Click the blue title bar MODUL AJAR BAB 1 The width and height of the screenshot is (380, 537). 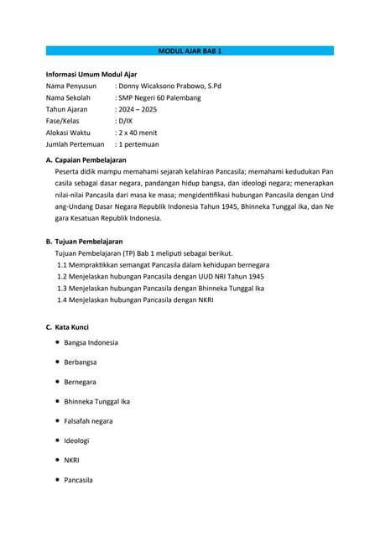tap(190, 51)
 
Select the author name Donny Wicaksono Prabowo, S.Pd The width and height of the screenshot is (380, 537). tap(169, 86)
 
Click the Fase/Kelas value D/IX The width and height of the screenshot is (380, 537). tap(125, 121)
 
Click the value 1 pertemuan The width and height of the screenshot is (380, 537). tap(139, 144)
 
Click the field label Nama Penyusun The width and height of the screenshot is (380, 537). tap(71, 86)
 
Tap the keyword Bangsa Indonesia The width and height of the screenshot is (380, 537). tap(91, 342)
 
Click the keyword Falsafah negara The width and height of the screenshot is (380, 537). tap(88, 420)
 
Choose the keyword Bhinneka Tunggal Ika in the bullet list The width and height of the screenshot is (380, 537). tap(96, 401)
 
